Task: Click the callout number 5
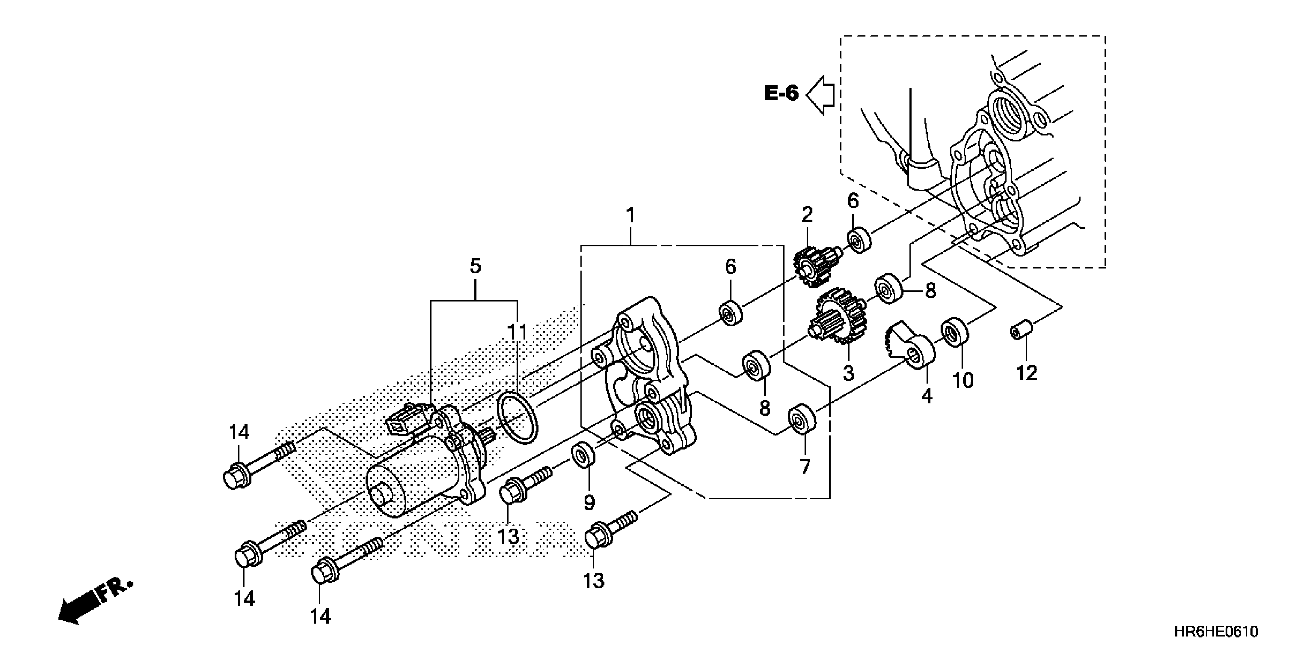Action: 475,266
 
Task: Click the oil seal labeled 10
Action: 955,331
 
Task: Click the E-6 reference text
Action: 781,93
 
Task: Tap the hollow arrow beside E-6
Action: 821,94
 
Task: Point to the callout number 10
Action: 963,380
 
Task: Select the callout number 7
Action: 805,466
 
